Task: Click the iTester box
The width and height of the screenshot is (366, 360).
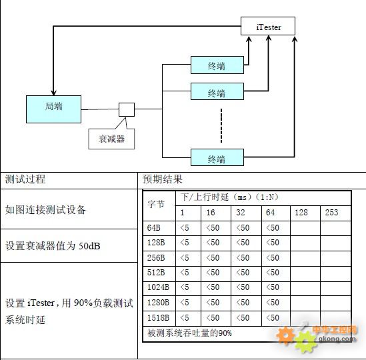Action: [268, 26]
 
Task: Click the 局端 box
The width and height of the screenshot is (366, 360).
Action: [54, 109]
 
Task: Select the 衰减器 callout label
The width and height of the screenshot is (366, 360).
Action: [111, 139]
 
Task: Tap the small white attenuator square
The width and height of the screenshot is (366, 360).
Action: [127, 109]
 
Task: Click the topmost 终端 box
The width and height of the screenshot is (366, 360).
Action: [217, 65]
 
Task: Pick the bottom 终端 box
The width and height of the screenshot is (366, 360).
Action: [217, 157]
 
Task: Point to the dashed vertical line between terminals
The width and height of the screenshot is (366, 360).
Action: [221, 125]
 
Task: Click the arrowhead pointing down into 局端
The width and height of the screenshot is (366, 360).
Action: [54, 92]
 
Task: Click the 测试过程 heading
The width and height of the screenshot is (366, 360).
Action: [25, 179]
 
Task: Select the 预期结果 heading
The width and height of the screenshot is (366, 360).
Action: [163, 179]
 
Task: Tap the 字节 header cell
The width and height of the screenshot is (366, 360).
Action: [156, 204]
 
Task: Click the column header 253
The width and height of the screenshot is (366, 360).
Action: [331, 213]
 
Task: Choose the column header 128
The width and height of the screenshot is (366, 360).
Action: [301, 213]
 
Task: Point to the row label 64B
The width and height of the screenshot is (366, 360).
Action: [153, 227]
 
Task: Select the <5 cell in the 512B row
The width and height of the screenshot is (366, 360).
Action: [185, 273]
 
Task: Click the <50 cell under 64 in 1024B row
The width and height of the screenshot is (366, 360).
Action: [273, 287]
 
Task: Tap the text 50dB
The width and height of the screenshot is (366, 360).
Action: [89, 246]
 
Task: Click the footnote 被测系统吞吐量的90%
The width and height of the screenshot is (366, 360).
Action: [189, 333]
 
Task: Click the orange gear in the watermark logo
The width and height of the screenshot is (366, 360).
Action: [285, 335]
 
